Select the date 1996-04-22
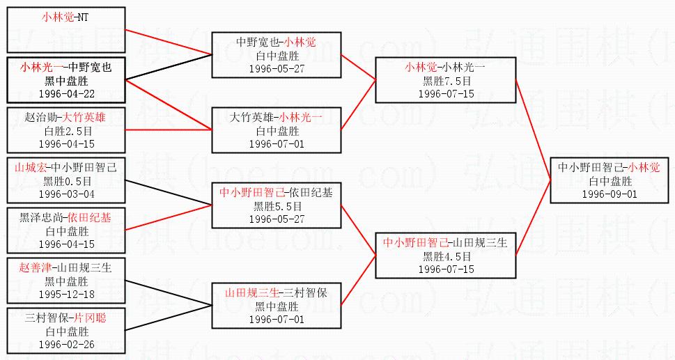click(x=66, y=93)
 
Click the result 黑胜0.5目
click(x=66, y=180)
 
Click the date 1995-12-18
click(x=66, y=295)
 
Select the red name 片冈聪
click(x=92, y=319)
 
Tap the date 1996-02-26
click(x=66, y=345)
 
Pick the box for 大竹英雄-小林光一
click(x=277, y=128)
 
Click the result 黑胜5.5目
click(x=277, y=206)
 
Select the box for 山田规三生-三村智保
click(x=277, y=306)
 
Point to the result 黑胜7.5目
click(x=446, y=80)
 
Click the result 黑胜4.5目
click(x=446, y=256)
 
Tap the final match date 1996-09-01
click(x=610, y=194)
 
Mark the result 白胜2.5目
click(x=66, y=130)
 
